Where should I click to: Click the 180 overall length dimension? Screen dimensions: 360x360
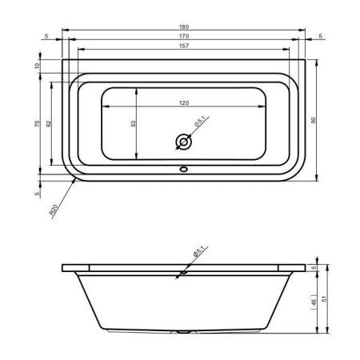click(183, 26)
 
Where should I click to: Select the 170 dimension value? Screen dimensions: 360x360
click(183, 36)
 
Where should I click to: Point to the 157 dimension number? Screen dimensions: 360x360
click(183, 46)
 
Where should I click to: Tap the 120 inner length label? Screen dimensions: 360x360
click(183, 102)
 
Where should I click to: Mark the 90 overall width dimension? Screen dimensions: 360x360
click(314, 119)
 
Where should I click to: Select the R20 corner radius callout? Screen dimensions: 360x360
click(54, 210)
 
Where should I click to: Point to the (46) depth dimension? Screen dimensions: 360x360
click(314, 302)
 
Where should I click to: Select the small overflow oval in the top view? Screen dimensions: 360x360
click(183, 169)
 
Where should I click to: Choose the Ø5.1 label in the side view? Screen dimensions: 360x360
click(198, 252)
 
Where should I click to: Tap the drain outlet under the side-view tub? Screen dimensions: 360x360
click(183, 330)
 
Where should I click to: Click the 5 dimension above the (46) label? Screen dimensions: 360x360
click(314, 267)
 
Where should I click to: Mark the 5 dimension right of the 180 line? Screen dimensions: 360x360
click(319, 36)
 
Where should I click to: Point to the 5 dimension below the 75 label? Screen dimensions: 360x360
click(37, 193)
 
